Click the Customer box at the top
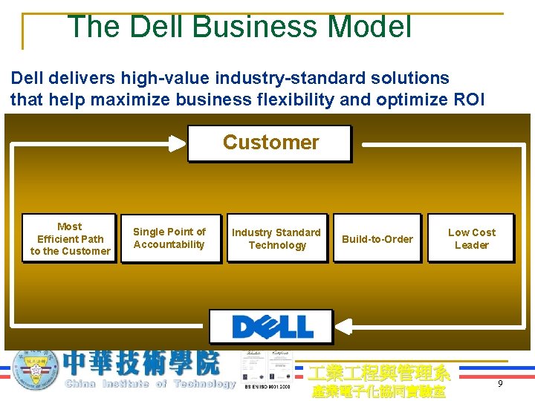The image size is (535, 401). [269, 143]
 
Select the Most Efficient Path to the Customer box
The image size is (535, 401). [70, 238]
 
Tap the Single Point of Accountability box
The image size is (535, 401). [169, 238]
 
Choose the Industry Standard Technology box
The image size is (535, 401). [277, 238]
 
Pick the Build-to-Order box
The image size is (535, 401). [377, 238]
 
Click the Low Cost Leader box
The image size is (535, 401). [471, 238]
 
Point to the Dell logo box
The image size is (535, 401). [271, 327]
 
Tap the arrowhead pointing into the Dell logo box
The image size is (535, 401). [342, 327]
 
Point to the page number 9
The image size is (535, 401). [500, 384]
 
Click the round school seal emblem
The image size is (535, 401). [36, 369]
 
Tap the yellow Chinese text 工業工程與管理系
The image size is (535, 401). [379, 373]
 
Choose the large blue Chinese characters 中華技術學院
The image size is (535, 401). [141, 363]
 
